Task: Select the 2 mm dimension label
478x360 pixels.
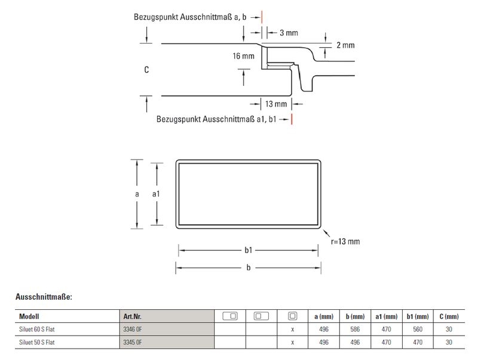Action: pos(345,45)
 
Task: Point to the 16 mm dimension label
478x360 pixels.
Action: pos(244,56)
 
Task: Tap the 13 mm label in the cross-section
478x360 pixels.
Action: pos(275,104)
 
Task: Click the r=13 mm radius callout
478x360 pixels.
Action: pos(345,242)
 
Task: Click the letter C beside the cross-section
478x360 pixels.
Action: pos(146,70)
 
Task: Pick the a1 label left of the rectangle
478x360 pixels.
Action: pos(157,194)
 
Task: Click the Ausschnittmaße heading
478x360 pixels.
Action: pos(44,296)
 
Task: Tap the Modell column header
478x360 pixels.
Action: pos(29,316)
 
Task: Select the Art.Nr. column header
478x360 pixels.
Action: pos(132,316)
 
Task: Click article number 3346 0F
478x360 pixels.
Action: pos(132,329)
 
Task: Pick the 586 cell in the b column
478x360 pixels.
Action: pos(356,329)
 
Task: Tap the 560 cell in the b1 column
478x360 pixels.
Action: pos(418,329)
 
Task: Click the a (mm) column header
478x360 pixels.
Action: pos(323,316)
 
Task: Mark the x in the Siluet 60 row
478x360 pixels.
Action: pos(292,329)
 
